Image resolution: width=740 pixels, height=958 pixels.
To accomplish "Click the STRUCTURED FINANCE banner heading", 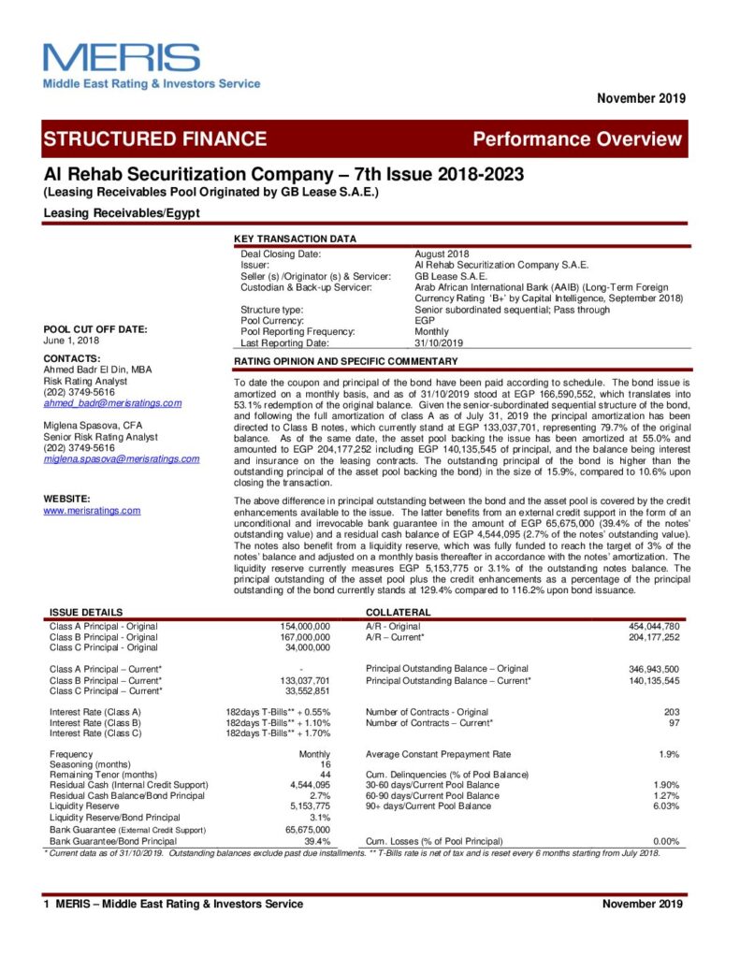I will tap(155, 139).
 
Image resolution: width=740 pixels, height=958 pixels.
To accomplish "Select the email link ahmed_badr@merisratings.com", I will tap(112, 403).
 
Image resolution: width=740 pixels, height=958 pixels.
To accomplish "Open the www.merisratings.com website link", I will tap(93, 510).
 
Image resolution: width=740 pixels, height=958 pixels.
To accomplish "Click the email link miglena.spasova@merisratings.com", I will tap(122, 458).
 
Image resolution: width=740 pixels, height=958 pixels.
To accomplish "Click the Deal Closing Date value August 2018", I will tap(442, 254).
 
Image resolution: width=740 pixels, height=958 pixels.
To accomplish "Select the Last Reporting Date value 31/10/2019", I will tap(439, 342).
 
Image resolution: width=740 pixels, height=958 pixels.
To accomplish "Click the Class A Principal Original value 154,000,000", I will tap(305, 625).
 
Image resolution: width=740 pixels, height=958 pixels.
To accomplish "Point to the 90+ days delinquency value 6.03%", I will tap(666, 805).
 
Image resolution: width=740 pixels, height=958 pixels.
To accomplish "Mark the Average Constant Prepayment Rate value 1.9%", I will tap(668, 753).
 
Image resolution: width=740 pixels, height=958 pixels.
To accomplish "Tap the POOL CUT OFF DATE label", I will tap(95, 329).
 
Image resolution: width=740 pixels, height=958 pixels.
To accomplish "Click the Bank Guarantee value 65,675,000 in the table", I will tap(307, 829).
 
